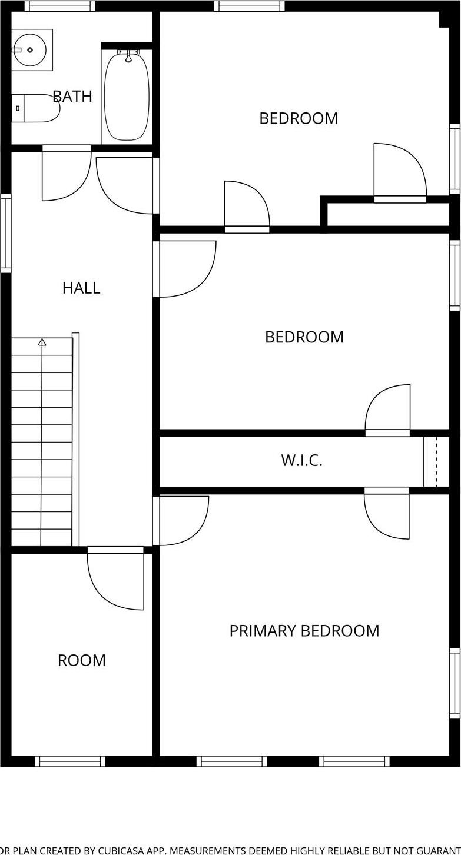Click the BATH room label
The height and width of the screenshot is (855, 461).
click(x=72, y=97)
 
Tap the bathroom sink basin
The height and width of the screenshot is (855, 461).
click(x=29, y=50)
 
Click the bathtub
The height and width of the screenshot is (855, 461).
click(x=127, y=97)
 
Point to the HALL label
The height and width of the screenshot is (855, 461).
click(x=81, y=288)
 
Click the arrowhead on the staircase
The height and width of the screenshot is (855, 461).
click(x=42, y=342)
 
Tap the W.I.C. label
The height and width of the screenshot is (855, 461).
click(x=301, y=461)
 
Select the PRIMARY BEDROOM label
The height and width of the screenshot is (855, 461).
click(x=304, y=631)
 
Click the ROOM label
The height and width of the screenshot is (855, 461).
click(x=82, y=660)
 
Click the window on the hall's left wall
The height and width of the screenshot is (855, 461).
click(x=6, y=233)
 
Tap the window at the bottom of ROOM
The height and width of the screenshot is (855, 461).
click(x=70, y=761)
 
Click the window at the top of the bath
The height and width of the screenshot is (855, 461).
click(x=59, y=6)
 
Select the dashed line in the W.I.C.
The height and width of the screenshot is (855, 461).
click(x=436, y=461)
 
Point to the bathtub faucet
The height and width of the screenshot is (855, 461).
click(x=128, y=56)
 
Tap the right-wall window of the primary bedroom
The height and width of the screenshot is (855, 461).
click(x=455, y=683)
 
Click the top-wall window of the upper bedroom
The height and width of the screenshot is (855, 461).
click(x=250, y=6)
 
